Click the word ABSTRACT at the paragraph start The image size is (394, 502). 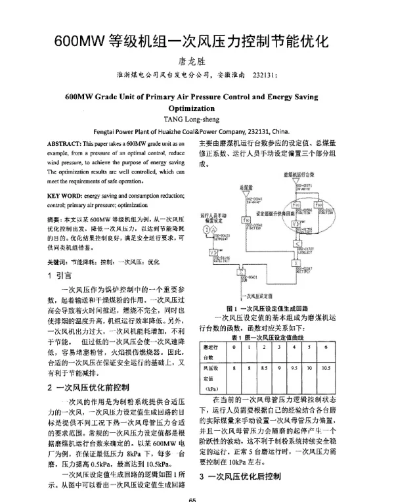pyautogui.click(x=64, y=143)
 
